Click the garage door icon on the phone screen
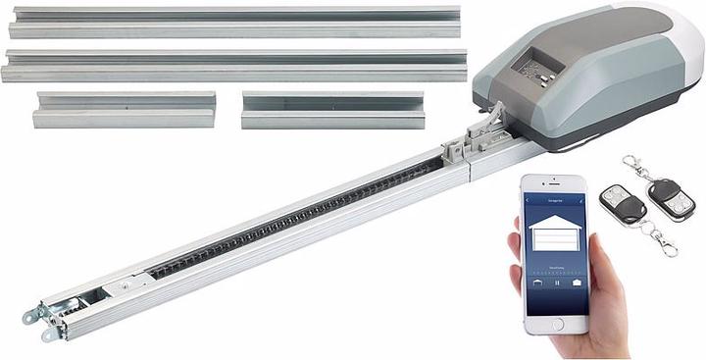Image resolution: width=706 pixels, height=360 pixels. click(554, 235)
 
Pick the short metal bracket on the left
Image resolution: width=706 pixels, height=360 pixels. click(125, 110)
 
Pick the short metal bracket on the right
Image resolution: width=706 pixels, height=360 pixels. click(332, 110)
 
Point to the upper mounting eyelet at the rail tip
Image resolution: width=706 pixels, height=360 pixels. click(30, 315)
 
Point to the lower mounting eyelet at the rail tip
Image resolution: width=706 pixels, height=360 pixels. click(48, 334)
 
